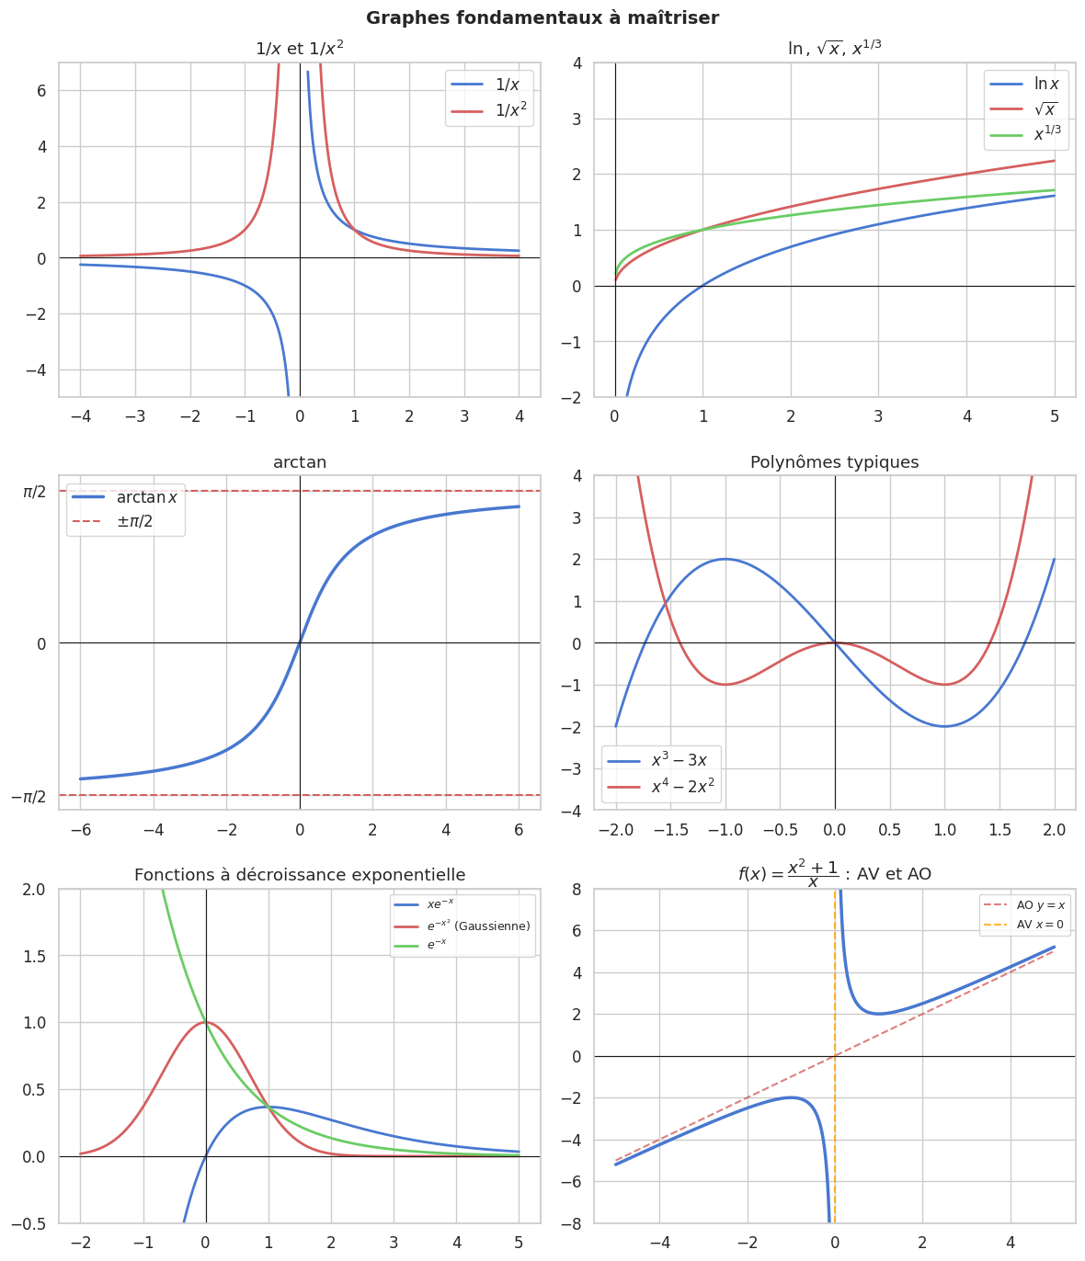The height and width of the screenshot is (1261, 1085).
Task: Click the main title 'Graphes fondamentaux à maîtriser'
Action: pos(542,17)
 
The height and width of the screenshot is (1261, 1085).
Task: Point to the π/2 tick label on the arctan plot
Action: pos(34,492)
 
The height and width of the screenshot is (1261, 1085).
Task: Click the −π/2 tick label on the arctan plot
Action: pos(29,796)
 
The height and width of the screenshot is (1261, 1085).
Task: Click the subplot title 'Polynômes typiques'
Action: pos(834,462)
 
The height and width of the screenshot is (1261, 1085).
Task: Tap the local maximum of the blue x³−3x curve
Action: pos(725,559)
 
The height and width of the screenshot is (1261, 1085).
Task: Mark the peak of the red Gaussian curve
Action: pos(206,1022)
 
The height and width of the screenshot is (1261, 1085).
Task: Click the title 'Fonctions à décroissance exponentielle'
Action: pos(300,875)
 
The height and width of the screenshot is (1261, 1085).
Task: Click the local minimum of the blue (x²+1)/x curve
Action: pos(879,1014)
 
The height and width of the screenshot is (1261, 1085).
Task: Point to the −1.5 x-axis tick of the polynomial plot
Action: pos(670,831)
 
